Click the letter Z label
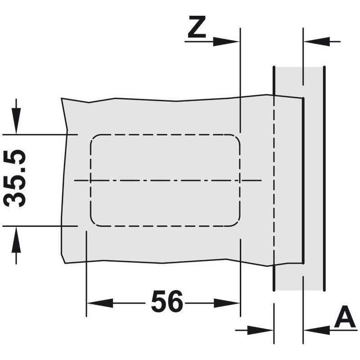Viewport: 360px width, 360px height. tap(197, 27)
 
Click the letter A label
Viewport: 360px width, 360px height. tap(345, 317)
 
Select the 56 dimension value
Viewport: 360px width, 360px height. tap(167, 301)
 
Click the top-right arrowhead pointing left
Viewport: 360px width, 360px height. tap(317, 42)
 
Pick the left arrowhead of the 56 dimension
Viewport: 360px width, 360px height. tap(100, 303)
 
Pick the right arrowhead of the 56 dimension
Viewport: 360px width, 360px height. tap(227, 303)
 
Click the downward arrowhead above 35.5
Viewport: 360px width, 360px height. tap(16, 120)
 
